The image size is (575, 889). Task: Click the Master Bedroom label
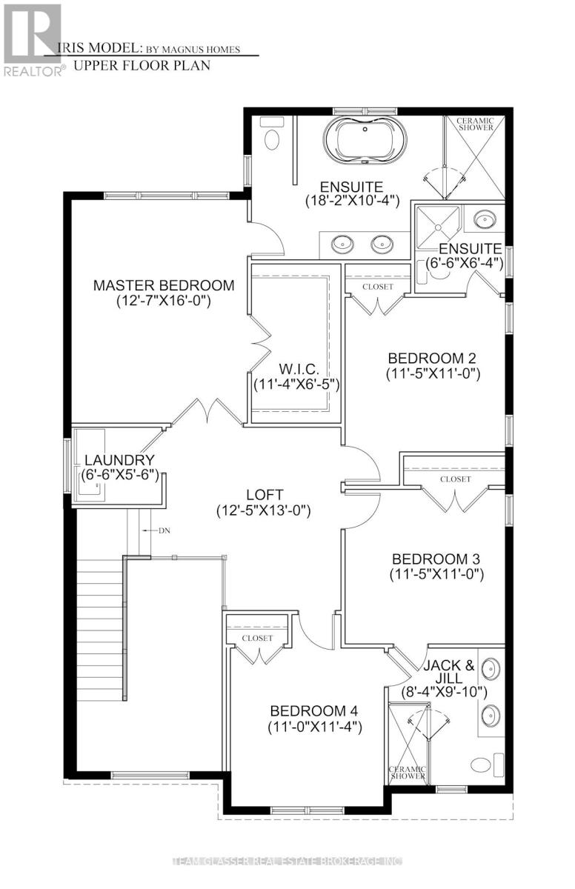click(x=164, y=285)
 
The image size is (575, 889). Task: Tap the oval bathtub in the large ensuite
click(x=365, y=141)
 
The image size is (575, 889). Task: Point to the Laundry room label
click(x=119, y=460)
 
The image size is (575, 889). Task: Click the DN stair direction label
click(x=164, y=530)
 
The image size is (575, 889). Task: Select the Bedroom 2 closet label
click(x=378, y=287)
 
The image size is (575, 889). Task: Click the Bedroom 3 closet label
click(x=455, y=479)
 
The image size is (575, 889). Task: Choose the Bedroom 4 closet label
click(x=257, y=638)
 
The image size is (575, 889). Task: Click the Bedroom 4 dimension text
click(x=315, y=727)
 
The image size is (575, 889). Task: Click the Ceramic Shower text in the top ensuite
click(x=475, y=124)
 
